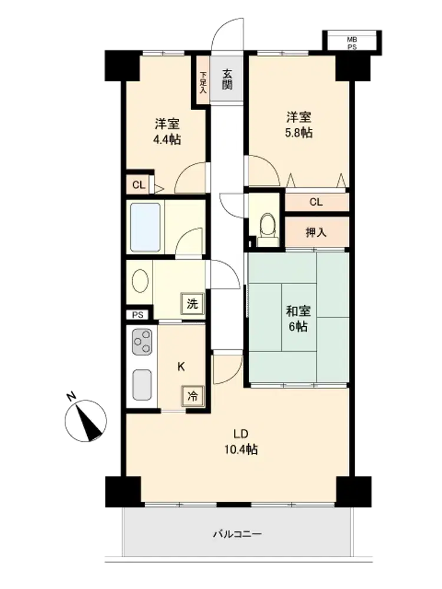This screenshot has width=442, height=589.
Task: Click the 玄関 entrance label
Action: (x=227, y=80)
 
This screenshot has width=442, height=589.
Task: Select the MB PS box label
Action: (x=352, y=43)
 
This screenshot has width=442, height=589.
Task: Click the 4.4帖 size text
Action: (x=167, y=140)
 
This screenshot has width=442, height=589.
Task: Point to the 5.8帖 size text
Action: (x=299, y=133)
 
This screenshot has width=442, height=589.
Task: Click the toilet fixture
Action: (x=268, y=230)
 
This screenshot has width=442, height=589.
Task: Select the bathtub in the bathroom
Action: (x=146, y=227)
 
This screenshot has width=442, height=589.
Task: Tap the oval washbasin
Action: (x=140, y=281)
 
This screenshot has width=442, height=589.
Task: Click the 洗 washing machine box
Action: (x=193, y=303)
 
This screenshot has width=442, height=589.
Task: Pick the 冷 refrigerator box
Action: (x=193, y=396)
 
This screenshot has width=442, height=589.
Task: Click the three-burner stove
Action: (x=143, y=342)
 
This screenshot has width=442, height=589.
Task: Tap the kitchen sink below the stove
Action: (x=143, y=385)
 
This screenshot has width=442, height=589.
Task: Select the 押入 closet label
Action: (x=316, y=233)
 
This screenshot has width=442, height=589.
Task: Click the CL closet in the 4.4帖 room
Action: (x=138, y=185)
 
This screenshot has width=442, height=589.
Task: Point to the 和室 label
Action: (x=298, y=311)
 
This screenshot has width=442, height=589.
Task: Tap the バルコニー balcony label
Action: (x=237, y=534)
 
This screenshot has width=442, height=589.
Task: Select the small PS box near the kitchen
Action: (x=138, y=315)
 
